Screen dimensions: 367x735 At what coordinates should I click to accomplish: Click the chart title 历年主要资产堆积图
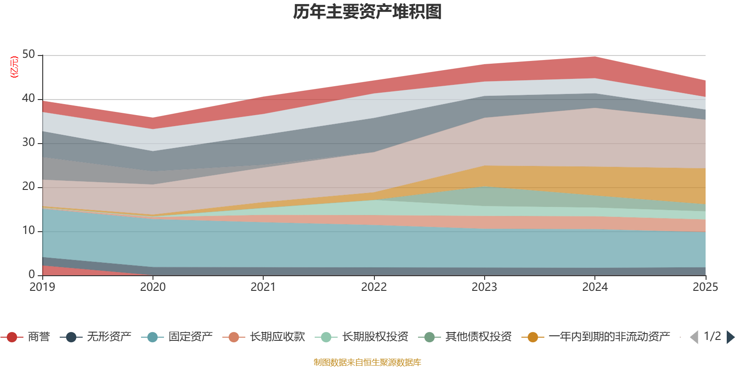[x=367, y=12]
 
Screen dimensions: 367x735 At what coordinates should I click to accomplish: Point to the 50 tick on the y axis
[x=28, y=55]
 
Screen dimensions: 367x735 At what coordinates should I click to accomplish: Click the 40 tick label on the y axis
[x=28, y=99]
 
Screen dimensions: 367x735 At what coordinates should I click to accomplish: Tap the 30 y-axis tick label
[x=28, y=143]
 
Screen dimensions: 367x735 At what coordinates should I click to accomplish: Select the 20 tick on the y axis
[x=28, y=187]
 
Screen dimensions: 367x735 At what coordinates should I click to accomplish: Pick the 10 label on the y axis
[x=28, y=231]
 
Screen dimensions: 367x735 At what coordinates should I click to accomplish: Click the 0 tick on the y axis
[x=32, y=274]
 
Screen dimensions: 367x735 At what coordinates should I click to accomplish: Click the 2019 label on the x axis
[x=42, y=287]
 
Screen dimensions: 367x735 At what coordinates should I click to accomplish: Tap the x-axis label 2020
[x=153, y=287]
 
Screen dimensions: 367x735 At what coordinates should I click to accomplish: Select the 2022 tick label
[x=374, y=287]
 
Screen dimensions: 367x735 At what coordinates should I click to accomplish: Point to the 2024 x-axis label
[x=595, y=287]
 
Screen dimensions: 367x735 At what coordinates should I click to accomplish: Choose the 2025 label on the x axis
[x=705, y=287]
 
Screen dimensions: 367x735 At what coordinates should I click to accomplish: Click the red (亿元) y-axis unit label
[x=15, y=67]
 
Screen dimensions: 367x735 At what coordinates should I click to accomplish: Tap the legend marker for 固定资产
[x=153, y=337]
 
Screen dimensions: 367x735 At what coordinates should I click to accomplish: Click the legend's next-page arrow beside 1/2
[x=730, y=337]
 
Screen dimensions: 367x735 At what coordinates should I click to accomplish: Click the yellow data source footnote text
[x=367, y=362]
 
